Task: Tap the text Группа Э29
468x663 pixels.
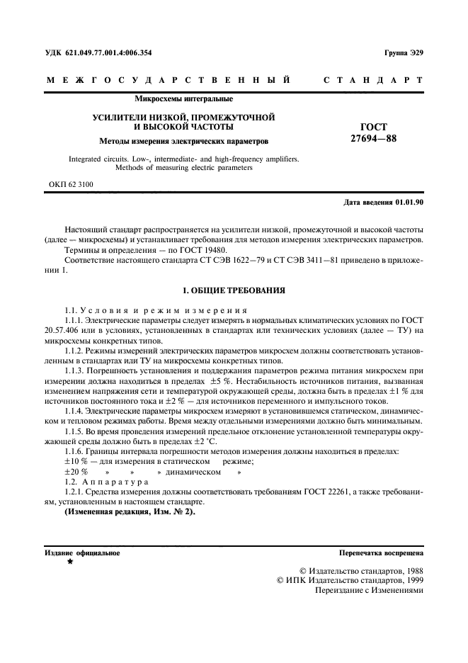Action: coord(404,53)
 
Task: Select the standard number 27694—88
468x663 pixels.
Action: coord(374,139)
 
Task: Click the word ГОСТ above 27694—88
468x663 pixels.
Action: coord(374,127)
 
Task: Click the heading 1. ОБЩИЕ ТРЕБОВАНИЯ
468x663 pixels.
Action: coord(234,290)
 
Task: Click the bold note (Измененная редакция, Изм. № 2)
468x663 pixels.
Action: coord(130,511)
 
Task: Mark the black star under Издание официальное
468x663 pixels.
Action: coord(69,562)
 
